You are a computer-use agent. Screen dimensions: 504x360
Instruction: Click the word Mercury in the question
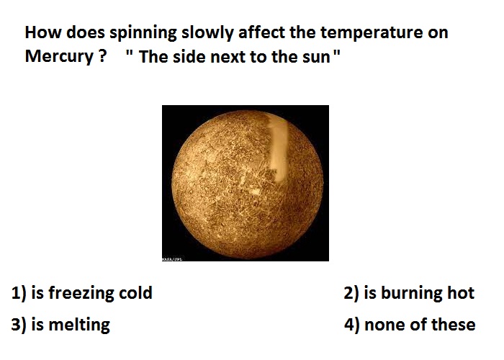coord(59,57)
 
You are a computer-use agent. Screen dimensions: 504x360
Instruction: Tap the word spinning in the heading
coord(143,34)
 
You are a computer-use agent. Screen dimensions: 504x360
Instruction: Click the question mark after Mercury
coord(102,56)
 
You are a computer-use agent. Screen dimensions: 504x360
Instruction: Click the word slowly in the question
coord(207,34)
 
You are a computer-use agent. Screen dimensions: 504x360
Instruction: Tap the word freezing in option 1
coord(81,294)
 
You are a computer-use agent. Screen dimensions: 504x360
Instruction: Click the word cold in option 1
coord(135,293)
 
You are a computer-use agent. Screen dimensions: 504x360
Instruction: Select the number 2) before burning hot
coord(351,294)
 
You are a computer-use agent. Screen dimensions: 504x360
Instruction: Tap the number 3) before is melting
coord(19,325)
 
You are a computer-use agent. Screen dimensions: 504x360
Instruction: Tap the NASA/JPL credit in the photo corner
coord(172,258)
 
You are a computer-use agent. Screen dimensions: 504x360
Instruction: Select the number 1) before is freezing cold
coord(19,293)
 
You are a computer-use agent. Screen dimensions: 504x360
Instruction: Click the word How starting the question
coord(43,32)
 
